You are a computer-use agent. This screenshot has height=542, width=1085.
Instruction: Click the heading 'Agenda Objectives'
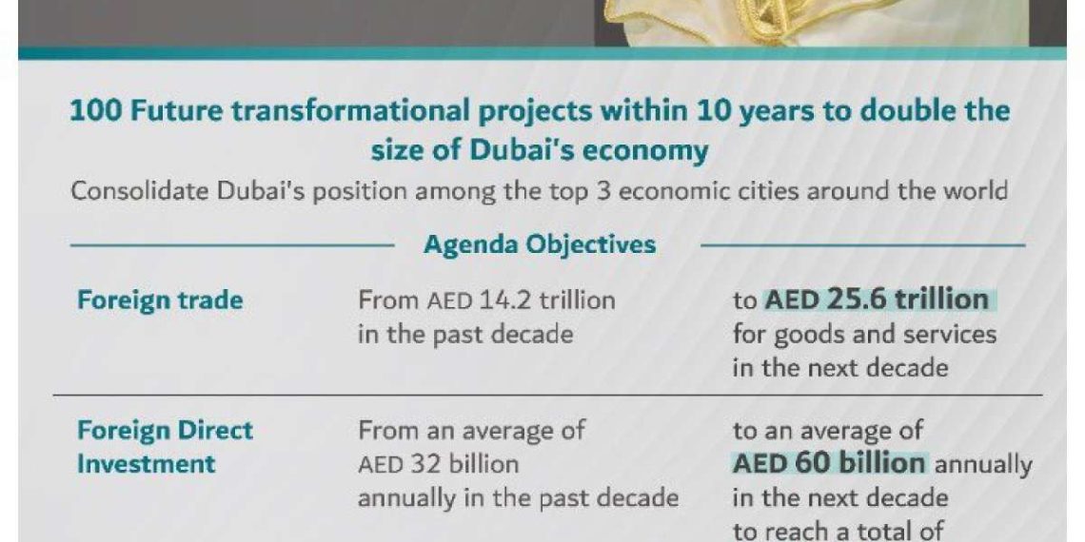pyautogui.click(x=540, y=245)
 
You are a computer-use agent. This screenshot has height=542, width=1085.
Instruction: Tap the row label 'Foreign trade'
pyautogui.click(x=160, y=301)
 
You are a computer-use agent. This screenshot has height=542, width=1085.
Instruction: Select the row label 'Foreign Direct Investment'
pyautogui.click(x=165, y=447)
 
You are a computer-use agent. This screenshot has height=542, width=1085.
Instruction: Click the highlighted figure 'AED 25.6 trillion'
pyautogui.click(x=876, y=300)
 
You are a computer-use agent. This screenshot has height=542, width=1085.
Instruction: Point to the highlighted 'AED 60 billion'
pyautogui.click(x=829, y=463)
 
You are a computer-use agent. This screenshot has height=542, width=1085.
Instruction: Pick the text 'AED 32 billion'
pyautogui.click(x=438, y=464)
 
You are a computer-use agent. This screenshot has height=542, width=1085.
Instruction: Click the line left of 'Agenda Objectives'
pyautogui.click(x=232, y=244)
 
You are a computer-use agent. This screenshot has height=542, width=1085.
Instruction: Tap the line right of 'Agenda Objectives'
pyautogui.click(x=863, y=244)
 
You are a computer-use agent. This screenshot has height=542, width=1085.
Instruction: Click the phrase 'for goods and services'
pyautogui.click(x=864, y=336)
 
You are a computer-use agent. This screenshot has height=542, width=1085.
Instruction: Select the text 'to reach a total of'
pyautogui.click(x=838, y=531)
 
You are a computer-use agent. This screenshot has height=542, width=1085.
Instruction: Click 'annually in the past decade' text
pyautogui.click(x=518, y=497)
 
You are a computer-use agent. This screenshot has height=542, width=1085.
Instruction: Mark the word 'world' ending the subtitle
pyautogui.click(x=974, y=191)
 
